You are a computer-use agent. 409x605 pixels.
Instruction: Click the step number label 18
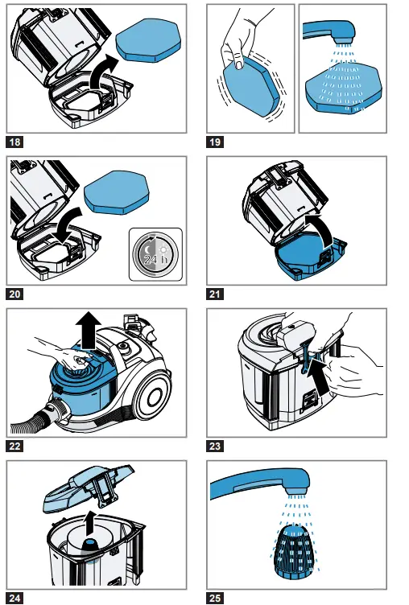pyautogui.click(x=14, y=142)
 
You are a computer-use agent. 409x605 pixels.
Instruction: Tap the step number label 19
pyautogui.click(x=215, y=142)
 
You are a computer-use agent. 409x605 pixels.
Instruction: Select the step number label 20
pyautogui.click(x=14, y=294)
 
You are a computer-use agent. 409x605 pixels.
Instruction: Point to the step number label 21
pyautogui.click(x=215, y=294)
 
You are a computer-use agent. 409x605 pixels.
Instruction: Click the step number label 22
pyautogui.click(x=14, y=446)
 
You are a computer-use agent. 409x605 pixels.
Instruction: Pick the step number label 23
pyautogui.click(x=215, y=446)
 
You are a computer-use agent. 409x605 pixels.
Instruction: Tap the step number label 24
pyautogui.click(x=14, y=597)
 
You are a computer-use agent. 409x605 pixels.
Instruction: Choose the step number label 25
pyautogui.click(x=215, y=597)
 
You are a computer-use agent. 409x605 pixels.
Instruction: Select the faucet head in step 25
pyautogui.click(x=295, y=482)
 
